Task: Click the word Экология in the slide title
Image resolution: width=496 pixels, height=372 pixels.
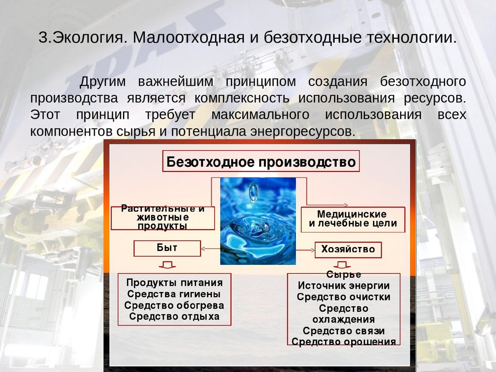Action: [90, 38]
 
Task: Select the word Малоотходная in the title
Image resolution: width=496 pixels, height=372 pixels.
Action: [188, 37]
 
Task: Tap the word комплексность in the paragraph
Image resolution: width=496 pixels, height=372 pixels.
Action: [242, 98]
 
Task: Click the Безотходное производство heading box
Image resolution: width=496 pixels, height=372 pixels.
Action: [261, 161]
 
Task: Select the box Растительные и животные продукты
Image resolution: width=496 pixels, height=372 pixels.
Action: [163, 218]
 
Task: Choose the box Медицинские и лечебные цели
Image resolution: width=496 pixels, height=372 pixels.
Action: [353, 219]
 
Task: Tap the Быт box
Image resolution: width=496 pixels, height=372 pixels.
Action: [167, 248]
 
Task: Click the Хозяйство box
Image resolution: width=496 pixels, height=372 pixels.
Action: [348, 249]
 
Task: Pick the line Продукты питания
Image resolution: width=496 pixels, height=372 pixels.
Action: [174, 282]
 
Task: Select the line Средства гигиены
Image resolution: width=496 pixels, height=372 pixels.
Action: [174, 294]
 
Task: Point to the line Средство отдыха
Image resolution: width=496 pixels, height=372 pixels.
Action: [174, 316]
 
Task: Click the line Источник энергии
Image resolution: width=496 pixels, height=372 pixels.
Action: [343, 286]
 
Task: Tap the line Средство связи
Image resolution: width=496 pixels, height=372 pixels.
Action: [343, 331]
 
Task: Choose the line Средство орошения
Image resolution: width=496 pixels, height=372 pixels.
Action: [343, 341]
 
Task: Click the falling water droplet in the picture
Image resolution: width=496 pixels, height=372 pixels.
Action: [252, 192]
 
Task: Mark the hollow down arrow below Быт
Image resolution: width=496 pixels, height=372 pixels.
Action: [167, 265]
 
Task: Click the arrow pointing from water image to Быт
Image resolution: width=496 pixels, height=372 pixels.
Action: [211, 248]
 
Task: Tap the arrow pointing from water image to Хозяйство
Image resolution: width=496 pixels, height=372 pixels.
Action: [306, 250]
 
